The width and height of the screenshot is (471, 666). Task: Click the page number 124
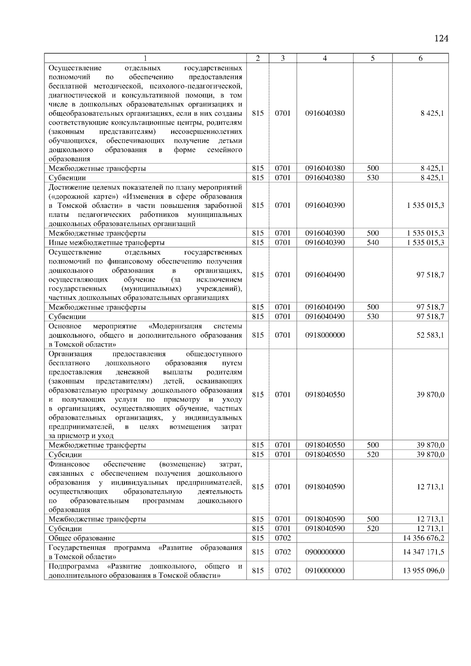(441, 38)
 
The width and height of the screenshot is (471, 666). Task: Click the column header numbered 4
(325, 58)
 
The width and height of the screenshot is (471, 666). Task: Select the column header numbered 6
(420, 58)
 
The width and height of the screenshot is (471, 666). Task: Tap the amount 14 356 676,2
(424, 538)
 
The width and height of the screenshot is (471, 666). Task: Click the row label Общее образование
(82, 538)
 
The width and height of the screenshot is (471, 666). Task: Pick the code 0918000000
(325, 335)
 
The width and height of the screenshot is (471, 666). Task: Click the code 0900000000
(325, 552)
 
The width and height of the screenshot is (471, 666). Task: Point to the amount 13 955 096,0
(424, 570)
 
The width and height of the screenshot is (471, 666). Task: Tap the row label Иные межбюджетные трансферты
(106, 242)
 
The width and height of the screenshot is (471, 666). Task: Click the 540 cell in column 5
(373, 242)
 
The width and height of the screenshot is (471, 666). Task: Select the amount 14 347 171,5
(424, 552)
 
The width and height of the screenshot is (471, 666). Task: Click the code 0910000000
(325, 570)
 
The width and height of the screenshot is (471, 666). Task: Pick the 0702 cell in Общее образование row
(283, 538)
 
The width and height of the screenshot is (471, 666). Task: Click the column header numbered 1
(145, 58)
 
